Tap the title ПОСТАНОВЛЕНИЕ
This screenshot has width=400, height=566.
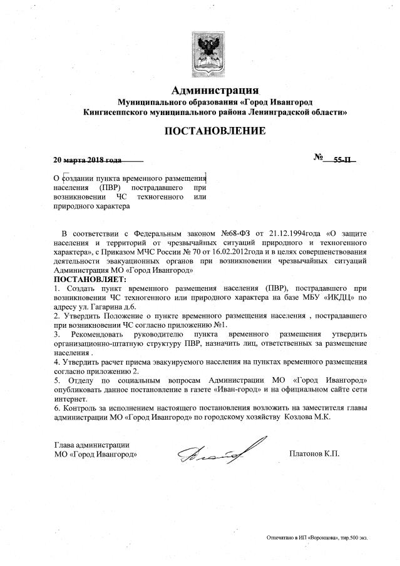pos(215,131)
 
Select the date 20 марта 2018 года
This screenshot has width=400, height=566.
pos(88,159)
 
